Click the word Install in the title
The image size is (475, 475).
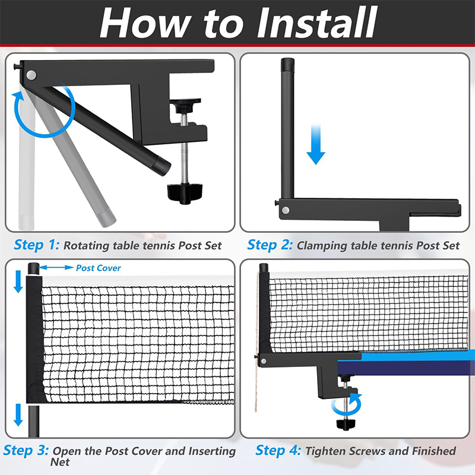pos(317,23)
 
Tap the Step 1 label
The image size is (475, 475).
pos(37,245)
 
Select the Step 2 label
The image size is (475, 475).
pos(270,245)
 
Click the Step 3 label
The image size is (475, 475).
pos(26,451)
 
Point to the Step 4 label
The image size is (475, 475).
pos(278,451)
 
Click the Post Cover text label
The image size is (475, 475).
pos(98,268)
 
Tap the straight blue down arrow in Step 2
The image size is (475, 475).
pos(316,144)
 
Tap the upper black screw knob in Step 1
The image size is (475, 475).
pos(185,104)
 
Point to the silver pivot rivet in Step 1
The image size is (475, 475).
pos(31,75)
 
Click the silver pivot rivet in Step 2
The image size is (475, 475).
pos(285,210)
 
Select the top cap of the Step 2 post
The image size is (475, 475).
pos(287,64)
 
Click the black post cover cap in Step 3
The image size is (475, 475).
pos(33,269)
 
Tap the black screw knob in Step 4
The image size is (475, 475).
pos(346,424)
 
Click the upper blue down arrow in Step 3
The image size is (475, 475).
pos(18,281)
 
